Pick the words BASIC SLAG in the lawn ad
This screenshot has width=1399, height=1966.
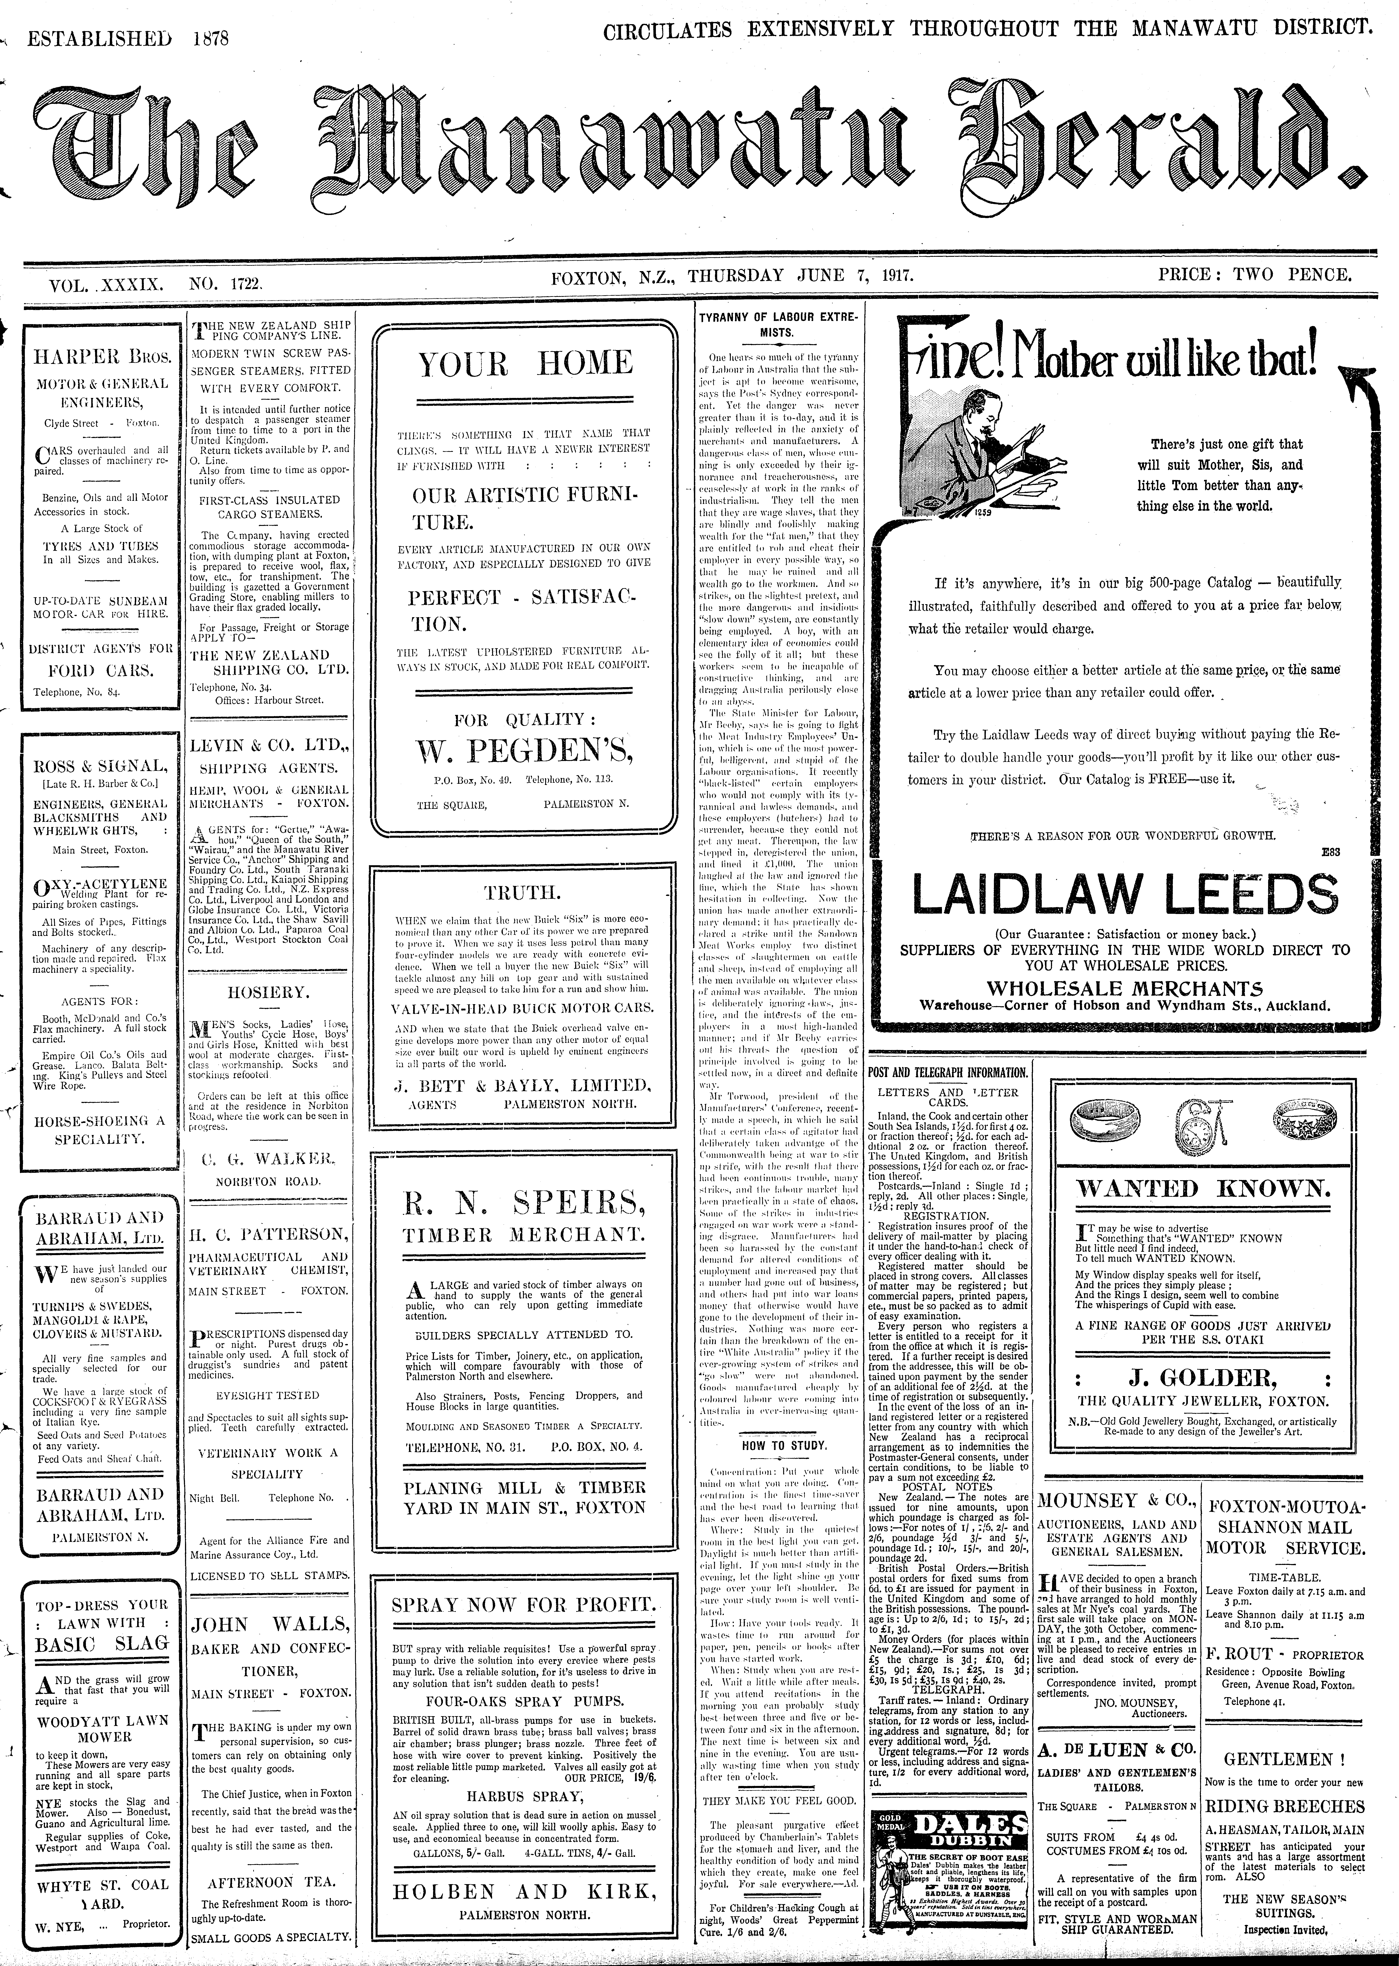[x=101, y=1643]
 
